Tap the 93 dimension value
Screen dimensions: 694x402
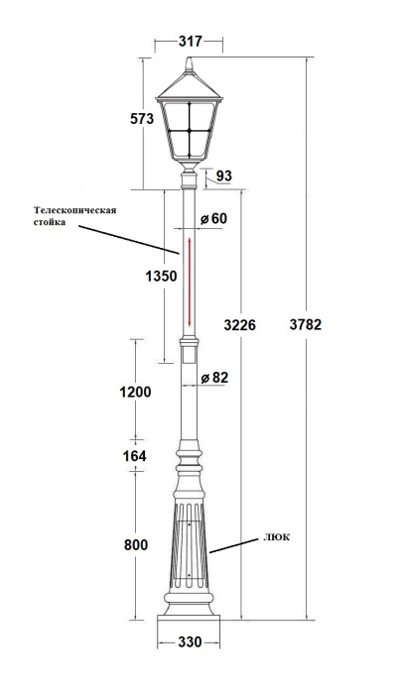[x=223, y=176]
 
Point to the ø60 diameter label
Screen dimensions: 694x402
[x=212, y=218]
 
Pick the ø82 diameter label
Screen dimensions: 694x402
[x=214, y=378]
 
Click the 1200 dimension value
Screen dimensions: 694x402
[x=134, y=392]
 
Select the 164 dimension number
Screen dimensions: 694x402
[x=134, y=455]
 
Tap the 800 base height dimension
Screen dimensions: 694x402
[x=136, y=545]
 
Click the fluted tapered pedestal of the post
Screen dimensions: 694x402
[x=189, y=545]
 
